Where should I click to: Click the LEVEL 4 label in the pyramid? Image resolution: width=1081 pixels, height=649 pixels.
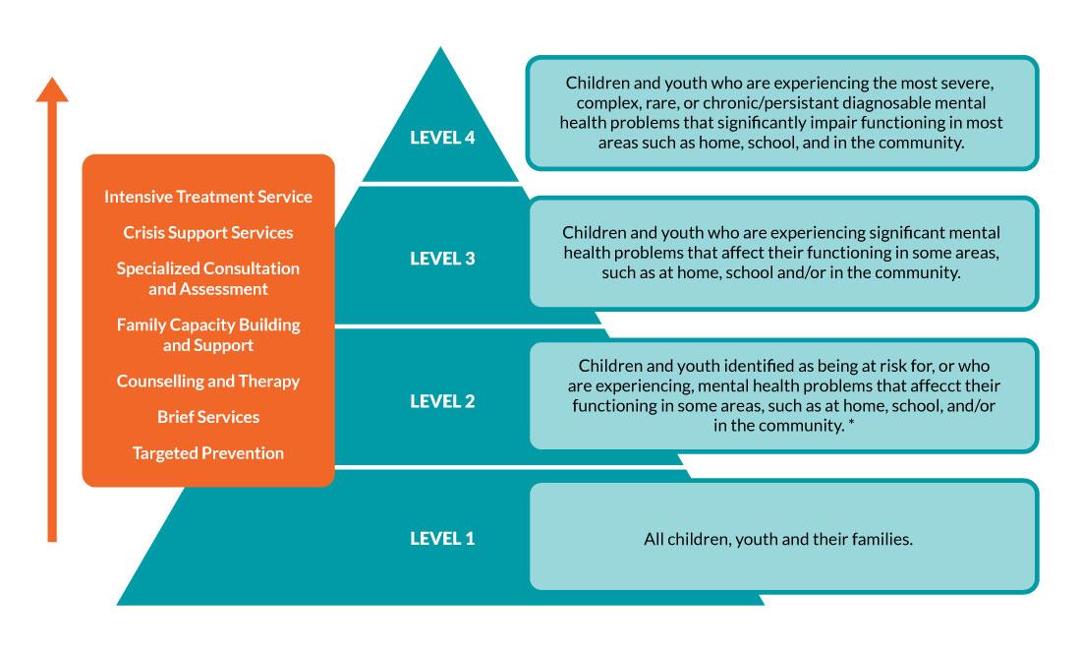(442, 138)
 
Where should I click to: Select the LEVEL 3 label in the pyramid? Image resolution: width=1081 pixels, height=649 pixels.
(442, 259)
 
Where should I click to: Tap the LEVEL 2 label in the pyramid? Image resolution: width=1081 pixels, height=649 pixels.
(442, 401)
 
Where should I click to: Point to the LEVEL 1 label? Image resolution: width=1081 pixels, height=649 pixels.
(442, 538)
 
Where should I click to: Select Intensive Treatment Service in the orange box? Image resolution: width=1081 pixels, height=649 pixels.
(208, 197)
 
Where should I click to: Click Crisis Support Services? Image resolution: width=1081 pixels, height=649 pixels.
(208, 233)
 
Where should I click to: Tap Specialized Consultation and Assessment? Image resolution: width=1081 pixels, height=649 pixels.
(208, 278)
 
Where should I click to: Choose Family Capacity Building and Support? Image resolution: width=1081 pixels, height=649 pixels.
(208, 334)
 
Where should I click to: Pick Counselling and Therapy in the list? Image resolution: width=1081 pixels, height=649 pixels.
(208, 381)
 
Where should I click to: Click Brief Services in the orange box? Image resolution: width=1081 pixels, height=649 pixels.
(208, 417)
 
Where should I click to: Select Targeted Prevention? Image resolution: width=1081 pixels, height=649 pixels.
(208, 453)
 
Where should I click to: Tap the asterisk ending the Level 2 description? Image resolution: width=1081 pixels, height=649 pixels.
(851, 426)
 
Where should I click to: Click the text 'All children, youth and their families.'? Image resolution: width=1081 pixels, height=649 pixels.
(779, 539)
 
